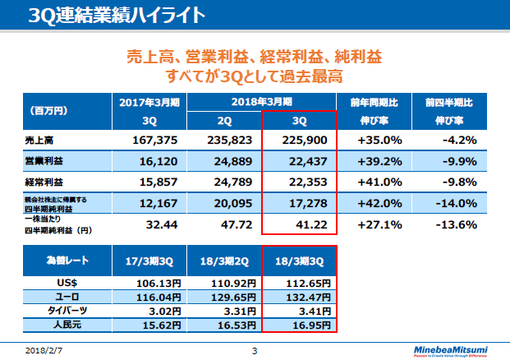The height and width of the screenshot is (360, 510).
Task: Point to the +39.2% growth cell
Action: click(379, 161)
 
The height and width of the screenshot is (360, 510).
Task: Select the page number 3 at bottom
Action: click(255, 351)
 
